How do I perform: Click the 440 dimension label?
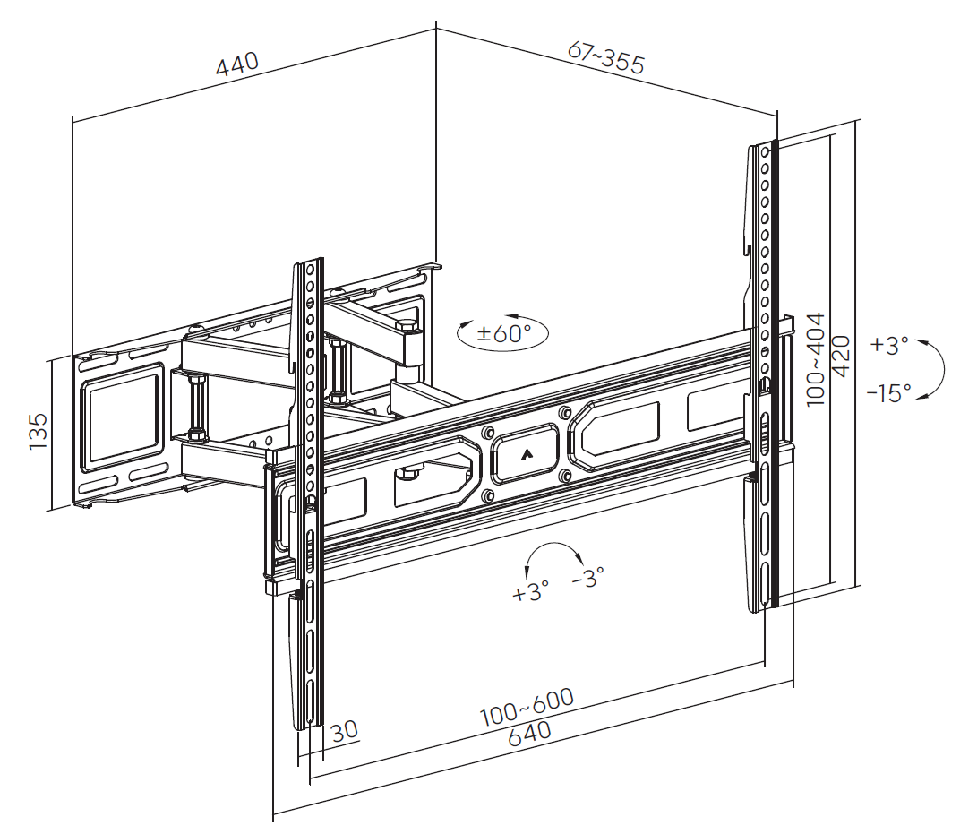237,64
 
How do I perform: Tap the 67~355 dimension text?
606,57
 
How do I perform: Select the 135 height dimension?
38,431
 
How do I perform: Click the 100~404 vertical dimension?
815,359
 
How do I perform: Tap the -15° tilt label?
888,391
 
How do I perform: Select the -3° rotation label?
587,576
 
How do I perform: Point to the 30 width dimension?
344,730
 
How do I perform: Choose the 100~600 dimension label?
527,707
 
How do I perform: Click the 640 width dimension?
529,733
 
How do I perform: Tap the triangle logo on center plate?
526,454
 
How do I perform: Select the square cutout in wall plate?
124,418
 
